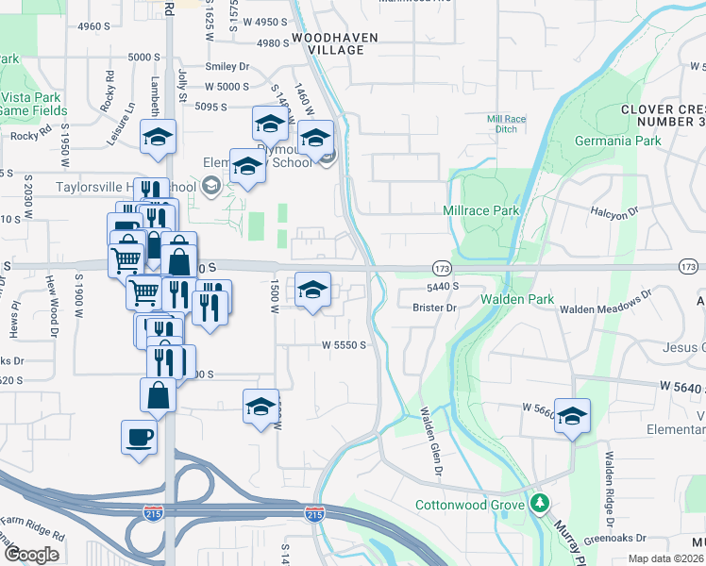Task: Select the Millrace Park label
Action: [481, 210]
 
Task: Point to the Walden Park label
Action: [516, 298]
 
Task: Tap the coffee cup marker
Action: [140, 438]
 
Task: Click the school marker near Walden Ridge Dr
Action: [572, 415]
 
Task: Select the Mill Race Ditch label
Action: [506, 125]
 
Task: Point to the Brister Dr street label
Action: [434, 308]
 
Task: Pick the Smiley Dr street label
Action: [227, 67]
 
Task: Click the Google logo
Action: [32, 555]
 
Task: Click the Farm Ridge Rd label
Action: [33, 536]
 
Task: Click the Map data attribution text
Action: [666, 558]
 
